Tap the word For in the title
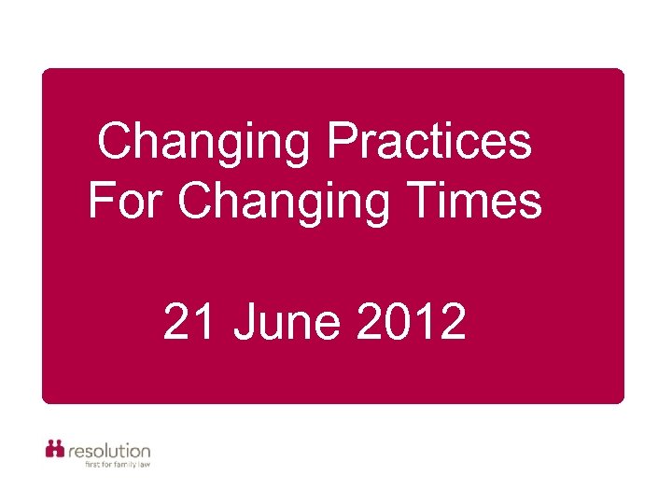(126, 201)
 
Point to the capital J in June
(245, 323)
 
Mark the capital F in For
(100, 201)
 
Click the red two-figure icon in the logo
(55, 449)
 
